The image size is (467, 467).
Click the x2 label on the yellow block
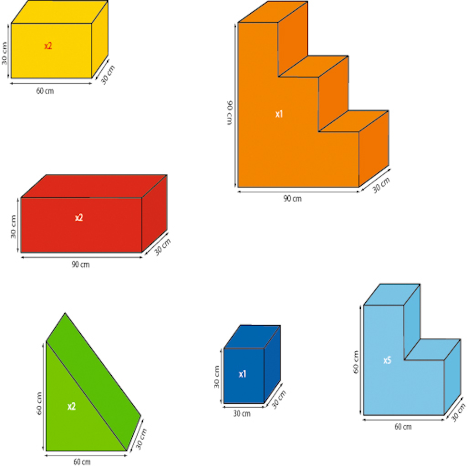tap(48, 46)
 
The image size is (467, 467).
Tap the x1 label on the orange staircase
tap(279, 114)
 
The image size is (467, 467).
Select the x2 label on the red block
tap(79, 218)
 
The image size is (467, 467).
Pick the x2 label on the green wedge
tap(72, 406)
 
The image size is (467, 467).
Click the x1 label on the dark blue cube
tap(243, 374)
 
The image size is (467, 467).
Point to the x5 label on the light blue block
tap(387, 360)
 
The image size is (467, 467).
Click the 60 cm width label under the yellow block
tap(45, 91)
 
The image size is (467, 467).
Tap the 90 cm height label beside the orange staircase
tap(230, 113)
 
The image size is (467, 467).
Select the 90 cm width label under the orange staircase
tap(292, 198)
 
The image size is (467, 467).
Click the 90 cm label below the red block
tap(80, 265)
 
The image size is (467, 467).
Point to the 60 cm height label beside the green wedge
tap(39, 403)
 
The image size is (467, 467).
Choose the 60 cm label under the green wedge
tap(82, 462)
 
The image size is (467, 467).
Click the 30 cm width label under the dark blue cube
tap(242, 414)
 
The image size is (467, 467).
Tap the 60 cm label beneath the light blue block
tap(403, 427)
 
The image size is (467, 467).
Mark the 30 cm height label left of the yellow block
tap(4, 54)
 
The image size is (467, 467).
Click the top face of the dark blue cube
tap(252, 337)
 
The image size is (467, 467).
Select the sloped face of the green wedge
tap(93, 381)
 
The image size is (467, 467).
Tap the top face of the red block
tap(94, 186)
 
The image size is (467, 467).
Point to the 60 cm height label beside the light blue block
tap(356, 362)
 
